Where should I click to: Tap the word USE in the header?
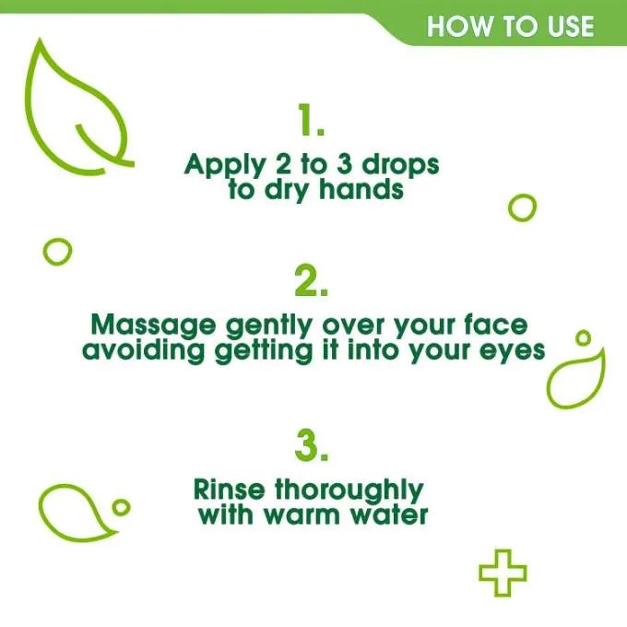point(566,27)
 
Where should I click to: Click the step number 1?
point(312,121)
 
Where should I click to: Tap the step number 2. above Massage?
point(312,282)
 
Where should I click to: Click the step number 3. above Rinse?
point(312,446)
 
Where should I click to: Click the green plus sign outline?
point(503,573)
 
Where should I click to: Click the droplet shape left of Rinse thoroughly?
point(76,510)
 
